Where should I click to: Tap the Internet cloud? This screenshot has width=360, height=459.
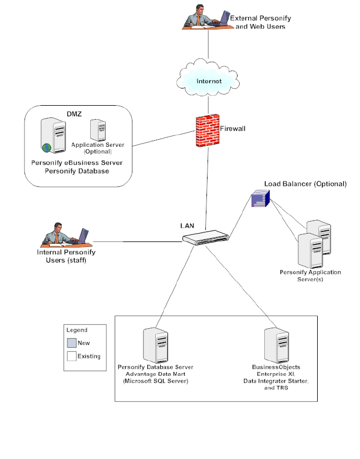pos(208,81)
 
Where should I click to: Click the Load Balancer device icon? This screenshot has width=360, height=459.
pos(260,198)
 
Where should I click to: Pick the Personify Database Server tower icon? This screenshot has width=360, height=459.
pos(155,345)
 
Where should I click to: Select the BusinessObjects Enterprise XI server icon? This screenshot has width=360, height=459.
pos(276,345)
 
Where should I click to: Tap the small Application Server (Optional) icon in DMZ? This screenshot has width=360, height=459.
pos(98,130)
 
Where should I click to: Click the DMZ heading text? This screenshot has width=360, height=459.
pos(75,113)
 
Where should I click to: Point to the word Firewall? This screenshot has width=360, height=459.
pos(233,128)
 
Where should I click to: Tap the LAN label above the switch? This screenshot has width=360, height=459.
pos(188,226)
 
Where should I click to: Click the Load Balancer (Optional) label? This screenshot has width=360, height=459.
pos(305,184)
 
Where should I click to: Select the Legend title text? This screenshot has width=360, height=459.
pos(77,330)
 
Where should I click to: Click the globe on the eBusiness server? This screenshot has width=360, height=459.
pos(45,147)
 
